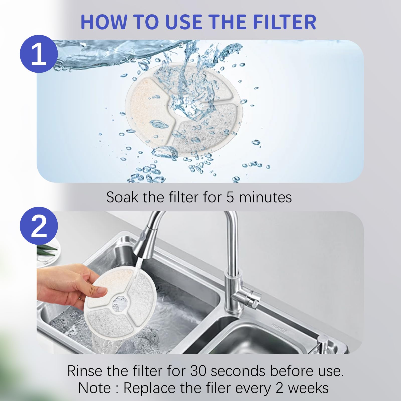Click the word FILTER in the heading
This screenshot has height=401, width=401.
tap(284, 22)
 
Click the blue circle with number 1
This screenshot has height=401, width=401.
tap(39, 54)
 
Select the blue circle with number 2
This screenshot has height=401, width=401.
tap(39, 226)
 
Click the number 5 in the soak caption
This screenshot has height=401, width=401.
tap(230, 197)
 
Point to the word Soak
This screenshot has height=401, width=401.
tap(122, 197)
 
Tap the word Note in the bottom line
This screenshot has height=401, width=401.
tap(94, 388)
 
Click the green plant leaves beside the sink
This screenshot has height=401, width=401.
tap(46, 248)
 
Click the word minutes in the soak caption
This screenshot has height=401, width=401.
tap(265, 197)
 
